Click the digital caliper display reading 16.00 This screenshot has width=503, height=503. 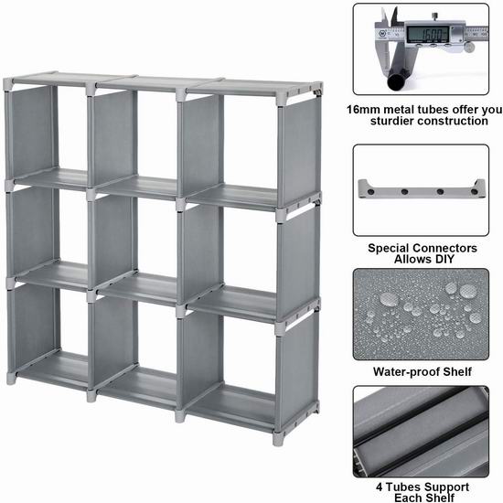(427, 34)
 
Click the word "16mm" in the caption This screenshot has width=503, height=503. (362, 110)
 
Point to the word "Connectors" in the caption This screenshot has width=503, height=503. (444, 248)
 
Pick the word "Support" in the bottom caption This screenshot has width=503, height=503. (447, 487)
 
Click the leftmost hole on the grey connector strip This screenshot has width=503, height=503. (370, 192)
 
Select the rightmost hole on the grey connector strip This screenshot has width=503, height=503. (474, 192)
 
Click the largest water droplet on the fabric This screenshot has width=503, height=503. (389, 299)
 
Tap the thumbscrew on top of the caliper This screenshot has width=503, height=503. (435, 16)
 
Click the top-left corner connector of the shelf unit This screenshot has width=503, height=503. (8, 84)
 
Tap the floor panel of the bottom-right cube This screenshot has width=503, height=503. (231, 406)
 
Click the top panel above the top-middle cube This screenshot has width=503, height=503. (159, 84)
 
